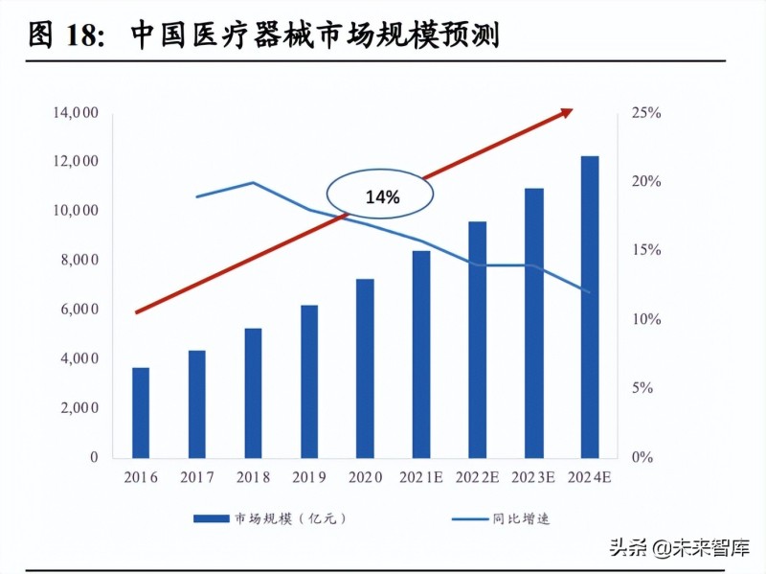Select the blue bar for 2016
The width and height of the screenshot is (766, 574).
pos(141,412)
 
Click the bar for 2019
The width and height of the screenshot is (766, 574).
pos(309,381)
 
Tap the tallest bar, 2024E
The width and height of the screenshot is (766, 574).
pos(590,307)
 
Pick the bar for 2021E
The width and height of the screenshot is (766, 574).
pos(421,354)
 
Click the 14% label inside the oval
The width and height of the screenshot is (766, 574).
pos(382,196)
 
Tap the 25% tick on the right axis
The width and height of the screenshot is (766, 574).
pos(646,113)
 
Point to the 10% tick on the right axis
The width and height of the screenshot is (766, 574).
pos(646,319)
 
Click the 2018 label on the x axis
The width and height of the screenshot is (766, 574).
pos(253,476)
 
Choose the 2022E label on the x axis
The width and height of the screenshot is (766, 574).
pos(477,476)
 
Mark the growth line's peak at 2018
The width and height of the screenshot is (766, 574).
pos(253,182)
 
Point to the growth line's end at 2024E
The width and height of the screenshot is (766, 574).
pos(590,292)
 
